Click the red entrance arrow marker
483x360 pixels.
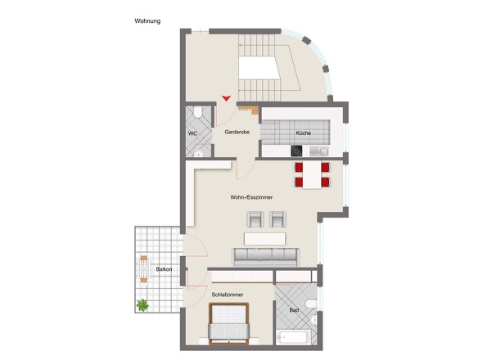pyautogui.click(x=226, y=98)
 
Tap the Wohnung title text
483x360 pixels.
pyautogui.click(x=147, y=21)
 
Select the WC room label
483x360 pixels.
pyautogui.click(x=192, y=133)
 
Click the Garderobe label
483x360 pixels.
pyautogui.click(x=237, y=132)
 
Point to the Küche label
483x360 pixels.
pyautogui.click(x=304, y=133)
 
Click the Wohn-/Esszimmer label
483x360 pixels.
pyautogui.click(x=251, y=197)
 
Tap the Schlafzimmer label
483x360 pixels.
pyautogui.click(x=228, y=295)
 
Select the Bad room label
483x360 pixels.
pyautogui.click(x=294, y=310)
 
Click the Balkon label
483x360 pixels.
pyautogui.click(x=164, y=269)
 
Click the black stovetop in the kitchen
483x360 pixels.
pyautogui.click(x=296, y=151)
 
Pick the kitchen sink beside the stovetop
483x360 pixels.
pyautogui.click(x=318, y=151)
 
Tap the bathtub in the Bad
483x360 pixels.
pyautogui.click(x=291, y=337)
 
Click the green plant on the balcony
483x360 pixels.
pyautogui.click(x=142, y=305)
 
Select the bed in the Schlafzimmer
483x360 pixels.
pyautogui.click(x=228, y=323)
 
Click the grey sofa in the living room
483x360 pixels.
pyautogui.click(x=265, y=257)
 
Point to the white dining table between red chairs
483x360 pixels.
pyautogui.click(x=312, y=175)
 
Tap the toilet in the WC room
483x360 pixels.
pyautogui.click(x=197, y=112)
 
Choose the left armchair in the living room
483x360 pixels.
pyautogui.click(x=255, y=219)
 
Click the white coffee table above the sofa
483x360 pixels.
pyautogui.click(x=265, y=239)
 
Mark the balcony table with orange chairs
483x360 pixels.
pyautogui.click(x=143, y=269)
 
